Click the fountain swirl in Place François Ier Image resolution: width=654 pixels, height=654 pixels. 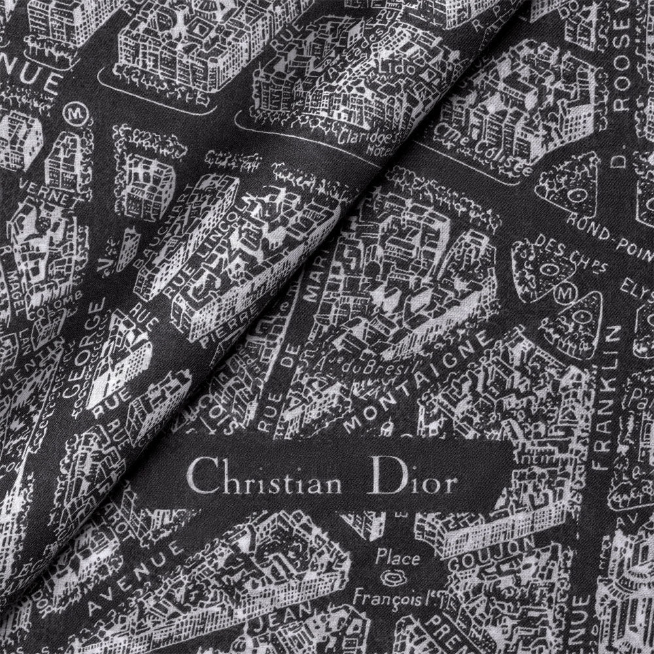tap(394, 576)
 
